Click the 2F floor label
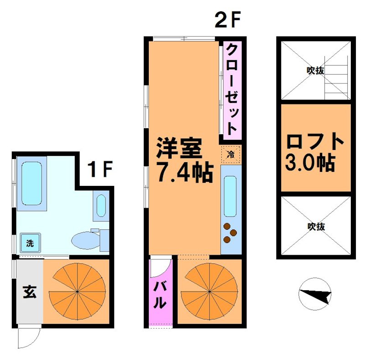(x=227, y=20)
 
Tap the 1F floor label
(x=100, y=170)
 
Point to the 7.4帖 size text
(x=184, y=171)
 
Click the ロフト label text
(x=315, y=142)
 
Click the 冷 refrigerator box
(x=231, y=154)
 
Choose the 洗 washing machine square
(x=29, y=243)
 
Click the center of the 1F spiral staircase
(x=78, y=291)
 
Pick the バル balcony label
(x=159, y=295)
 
